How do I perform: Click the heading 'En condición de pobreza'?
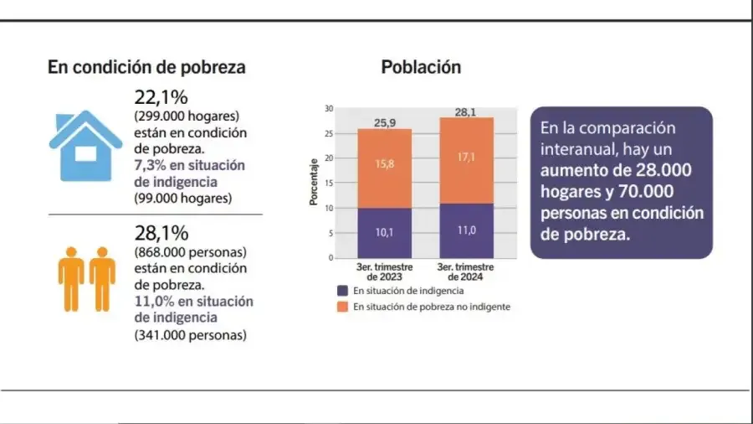tap(146, 68)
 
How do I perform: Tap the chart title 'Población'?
tap(421, 67)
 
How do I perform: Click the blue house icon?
tap(85, 144)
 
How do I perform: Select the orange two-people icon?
tap(86, 277)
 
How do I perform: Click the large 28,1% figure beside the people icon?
tap(161, 233)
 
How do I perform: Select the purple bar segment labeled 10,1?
tap(384, 232)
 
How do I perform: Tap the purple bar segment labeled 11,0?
tap(467, 230)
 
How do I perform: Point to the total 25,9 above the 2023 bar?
tap(385, 123)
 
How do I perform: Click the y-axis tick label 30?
tap(329, 109)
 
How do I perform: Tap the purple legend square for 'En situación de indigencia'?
tap(342, 290)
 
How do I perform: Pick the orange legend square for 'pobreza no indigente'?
tap(342, 307)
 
